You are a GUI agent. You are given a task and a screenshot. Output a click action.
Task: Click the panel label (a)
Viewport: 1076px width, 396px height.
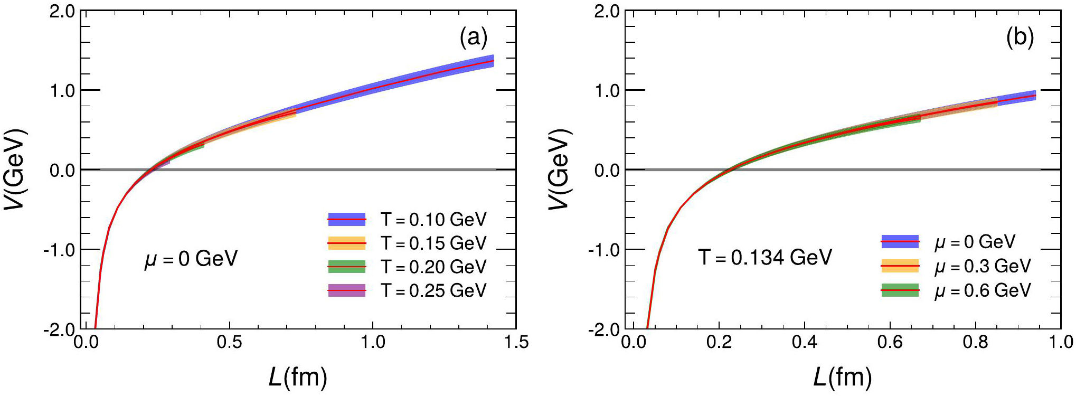click(473, 37)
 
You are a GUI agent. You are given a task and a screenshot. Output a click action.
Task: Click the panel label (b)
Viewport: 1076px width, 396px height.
click(1020, 37)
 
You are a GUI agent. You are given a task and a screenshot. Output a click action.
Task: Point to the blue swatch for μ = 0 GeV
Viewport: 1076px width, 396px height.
click(900, 242)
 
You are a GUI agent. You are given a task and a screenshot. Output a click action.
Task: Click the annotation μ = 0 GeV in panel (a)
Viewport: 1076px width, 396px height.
click(191, 259)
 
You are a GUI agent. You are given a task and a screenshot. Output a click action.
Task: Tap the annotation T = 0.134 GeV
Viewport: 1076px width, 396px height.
click(765, 257)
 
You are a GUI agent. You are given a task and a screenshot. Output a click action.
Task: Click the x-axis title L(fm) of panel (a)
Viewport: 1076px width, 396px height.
click(298, 377)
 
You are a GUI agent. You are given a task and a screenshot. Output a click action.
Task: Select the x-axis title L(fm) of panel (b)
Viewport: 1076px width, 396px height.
click(843, 377)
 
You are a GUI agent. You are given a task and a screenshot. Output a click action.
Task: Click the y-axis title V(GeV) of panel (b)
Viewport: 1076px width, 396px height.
click(559, 169)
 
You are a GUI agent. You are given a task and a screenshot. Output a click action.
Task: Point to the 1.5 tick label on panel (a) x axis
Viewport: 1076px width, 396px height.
click(516, 342)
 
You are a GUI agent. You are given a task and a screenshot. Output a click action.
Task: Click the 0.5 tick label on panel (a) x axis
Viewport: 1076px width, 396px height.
click(229, 342)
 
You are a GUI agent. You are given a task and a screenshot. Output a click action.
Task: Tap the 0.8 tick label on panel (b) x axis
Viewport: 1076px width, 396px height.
click(975, 342)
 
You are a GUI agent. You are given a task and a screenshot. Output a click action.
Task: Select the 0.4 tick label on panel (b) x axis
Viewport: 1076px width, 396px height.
click(804, 342)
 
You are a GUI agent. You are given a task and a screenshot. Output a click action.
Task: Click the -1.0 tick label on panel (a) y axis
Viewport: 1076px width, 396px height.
click(59, 250)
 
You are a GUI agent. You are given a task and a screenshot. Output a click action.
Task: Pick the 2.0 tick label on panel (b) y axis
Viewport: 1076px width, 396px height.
click(607, 11)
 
